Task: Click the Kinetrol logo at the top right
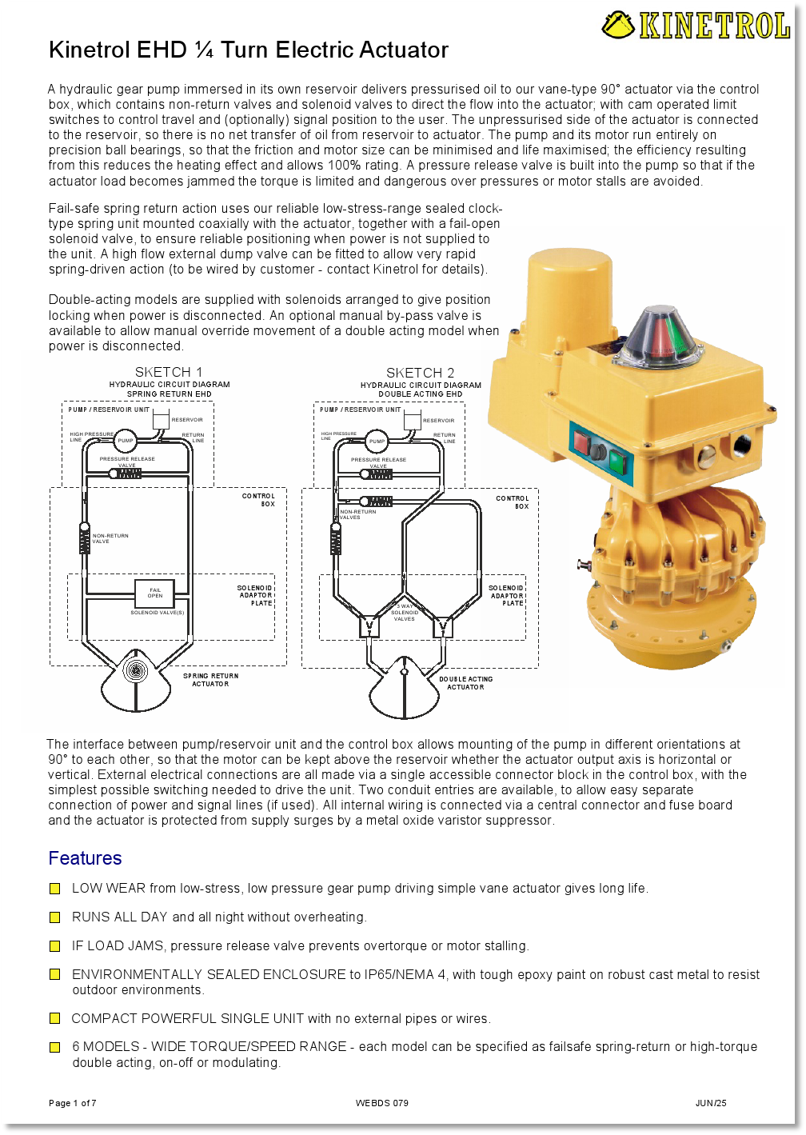(696, 26)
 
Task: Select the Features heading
(85, 858)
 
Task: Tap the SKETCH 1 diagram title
(169, 372)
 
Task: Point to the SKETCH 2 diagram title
(420, 373)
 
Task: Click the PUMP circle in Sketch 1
(126, 441)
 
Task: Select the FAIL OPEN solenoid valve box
(155, 593)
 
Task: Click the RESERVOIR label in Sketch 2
(438, 420)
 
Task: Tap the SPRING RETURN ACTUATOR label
(210, 680)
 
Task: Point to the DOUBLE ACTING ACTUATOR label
(465, 683)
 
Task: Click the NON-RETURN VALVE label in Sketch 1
(110, 538)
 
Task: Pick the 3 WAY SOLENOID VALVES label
(405, 613)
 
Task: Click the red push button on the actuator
(581, 442)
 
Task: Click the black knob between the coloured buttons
(598, 451)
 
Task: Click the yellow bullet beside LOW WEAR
(55, 889)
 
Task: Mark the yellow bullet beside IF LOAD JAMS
(55, 946)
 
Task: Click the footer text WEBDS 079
(381, 1103)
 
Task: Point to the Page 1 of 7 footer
(73, 1103)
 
